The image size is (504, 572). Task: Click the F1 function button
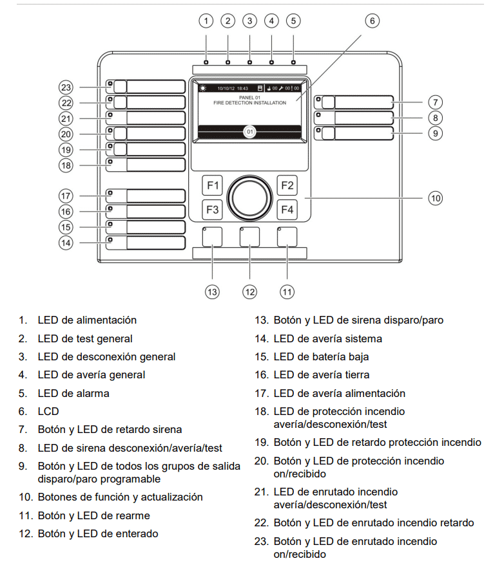tap(212, 185)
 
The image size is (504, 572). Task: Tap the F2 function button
tap(287, 185)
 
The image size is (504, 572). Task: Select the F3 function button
tap(212, 210)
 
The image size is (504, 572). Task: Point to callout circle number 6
tap(372, 21)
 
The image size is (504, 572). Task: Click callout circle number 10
tap(436, 198)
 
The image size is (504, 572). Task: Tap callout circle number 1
tap(206, 21)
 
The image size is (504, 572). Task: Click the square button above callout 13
tap(212, 236)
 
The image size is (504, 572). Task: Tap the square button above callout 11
tap(287, 236)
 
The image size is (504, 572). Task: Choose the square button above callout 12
tap(249, 236)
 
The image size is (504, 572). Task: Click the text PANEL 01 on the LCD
tap(249, 97)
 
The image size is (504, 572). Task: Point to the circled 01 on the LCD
tap(249, 132)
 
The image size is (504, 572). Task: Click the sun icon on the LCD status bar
tap(202, 88)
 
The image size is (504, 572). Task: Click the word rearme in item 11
tap(132, 515)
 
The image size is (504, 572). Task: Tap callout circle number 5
tap(293, 21)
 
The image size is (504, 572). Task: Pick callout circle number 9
tap(436, 133)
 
